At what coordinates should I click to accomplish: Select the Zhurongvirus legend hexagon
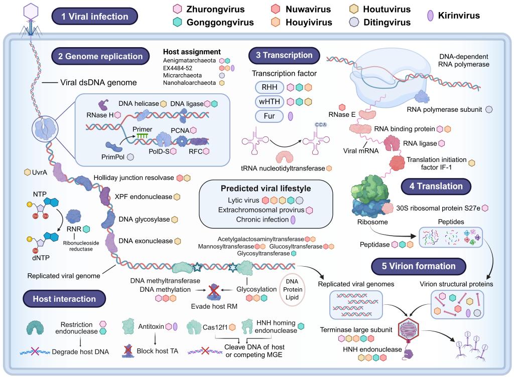[x=177, y=9]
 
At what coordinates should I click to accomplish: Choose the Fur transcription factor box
[x=269, y=116]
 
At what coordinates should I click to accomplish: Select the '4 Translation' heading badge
[x=436, y=186]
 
